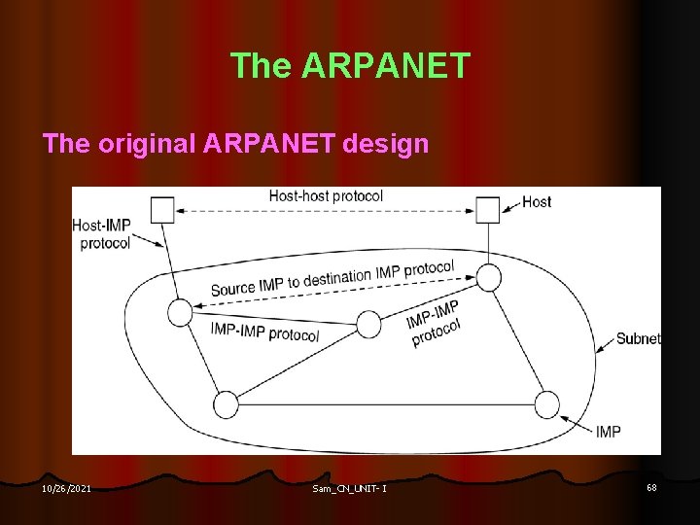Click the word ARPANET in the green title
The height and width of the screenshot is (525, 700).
point(386,66)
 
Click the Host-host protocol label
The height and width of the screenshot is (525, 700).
point(326,196)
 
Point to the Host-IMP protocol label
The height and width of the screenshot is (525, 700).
point(101,234)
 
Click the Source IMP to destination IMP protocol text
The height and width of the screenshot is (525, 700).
point(332,279)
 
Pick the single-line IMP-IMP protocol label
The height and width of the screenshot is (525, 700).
point(264,332)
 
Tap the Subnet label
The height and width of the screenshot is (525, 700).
point(638,339)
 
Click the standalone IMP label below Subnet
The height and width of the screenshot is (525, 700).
point(608,431)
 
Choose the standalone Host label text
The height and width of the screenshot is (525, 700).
point(536,202)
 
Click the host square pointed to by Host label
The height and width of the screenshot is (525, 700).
point(487,209)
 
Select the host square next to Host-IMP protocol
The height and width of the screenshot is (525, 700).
point(162,209)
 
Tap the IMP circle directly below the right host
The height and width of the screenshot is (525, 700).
point(488,278)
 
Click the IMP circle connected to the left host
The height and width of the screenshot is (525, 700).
point(180,312)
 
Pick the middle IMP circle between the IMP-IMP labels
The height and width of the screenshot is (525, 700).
point(368,323)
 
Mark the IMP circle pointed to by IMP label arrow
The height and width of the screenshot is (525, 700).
point(547,404)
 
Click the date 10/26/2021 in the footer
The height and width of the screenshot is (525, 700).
point(67,488)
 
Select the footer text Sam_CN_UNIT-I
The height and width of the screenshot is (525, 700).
point(349,488)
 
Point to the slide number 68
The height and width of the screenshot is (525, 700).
point(650,487)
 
